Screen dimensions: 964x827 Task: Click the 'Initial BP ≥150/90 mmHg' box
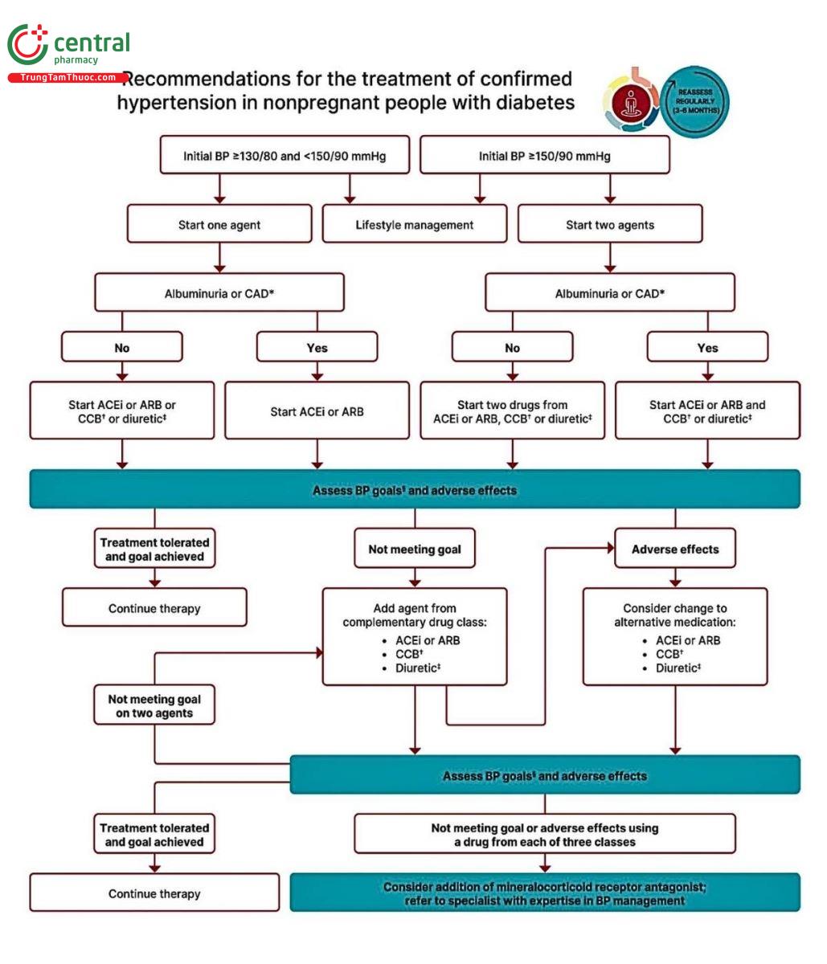pyautogui.click(x=545, y=156)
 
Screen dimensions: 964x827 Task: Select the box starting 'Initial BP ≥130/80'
pyautogui.click(x=285, y=156)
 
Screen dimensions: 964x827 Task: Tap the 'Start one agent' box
pyautogui.click(x=219, y=225)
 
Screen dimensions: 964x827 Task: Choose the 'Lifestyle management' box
pyautogui.click(x=415, y=225)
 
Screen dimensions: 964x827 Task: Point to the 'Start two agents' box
pyautogui.click(x=610, y=225)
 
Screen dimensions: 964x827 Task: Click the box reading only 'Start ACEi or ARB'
pyautogui.click(x=317, y=411)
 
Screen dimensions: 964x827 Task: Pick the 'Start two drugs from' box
pyautogui.click(x=513, y=411)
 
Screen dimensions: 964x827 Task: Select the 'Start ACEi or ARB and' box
pyautogui.click(x=707, y=411)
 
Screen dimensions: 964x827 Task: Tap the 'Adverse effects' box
pyautogui.click(x=675, y=549)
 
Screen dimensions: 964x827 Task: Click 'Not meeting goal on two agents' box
pyautogui.click(x=154, y=706)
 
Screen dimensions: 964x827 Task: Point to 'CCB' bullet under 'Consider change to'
pyautogui.click(x=669, y=654)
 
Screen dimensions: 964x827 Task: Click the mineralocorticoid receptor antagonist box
pyautogui.click(x=545, y=893)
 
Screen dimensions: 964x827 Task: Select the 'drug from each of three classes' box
pyautogui.click(x=545, y=835)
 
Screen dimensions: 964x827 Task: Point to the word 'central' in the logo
pyautogui.click(x=92, y=43)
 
